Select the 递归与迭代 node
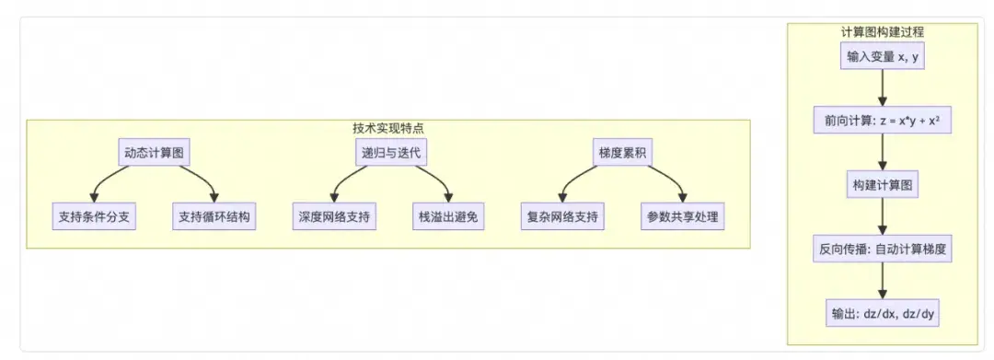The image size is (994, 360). [391, 152]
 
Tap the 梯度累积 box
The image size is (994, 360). [623, 152]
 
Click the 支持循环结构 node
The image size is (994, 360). [214, 218]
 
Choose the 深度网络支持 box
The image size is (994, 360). [333, 218]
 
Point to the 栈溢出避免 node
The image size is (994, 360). [449, 218]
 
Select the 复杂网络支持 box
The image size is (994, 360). [562, 218]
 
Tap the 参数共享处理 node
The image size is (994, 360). [682, 218]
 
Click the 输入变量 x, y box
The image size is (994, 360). [883, 56]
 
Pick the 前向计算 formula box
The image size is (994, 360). [883, 120]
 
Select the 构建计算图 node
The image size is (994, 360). [883, 184]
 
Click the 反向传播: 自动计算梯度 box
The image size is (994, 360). [883, 248]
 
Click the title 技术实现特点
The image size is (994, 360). [388, 128]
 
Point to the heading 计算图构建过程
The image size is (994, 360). [883, 30]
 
